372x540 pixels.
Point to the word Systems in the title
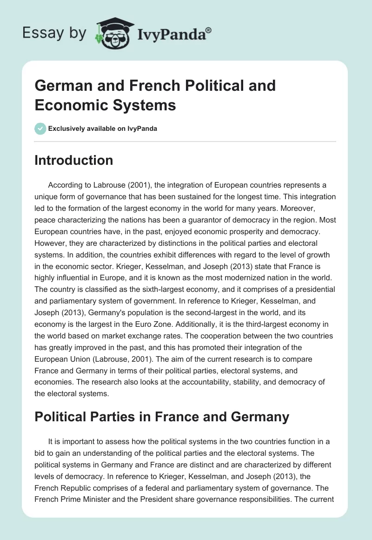click(x=147, y=105)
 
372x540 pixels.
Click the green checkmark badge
click(x=40, y=128)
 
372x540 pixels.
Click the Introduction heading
click(x=74, y=160)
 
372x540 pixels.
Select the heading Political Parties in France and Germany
click(x=162, y=416)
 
